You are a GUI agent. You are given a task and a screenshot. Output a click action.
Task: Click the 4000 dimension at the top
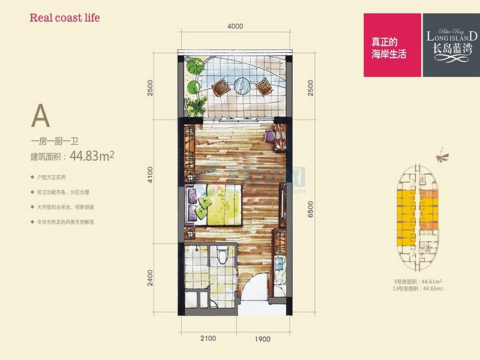[235, 26]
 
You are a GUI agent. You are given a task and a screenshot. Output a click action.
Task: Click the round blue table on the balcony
[242, 85]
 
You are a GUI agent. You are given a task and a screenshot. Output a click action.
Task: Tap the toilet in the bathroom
[222, 255]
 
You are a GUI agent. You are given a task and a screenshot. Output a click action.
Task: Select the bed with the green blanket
[216, 204]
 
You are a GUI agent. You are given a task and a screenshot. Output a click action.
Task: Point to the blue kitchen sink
[280, 262]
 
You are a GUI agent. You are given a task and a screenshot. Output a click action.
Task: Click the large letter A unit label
[41, 116]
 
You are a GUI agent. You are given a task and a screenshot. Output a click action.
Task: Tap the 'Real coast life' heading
[64, 17]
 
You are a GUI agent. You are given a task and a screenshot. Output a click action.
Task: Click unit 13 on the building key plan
[428, 194]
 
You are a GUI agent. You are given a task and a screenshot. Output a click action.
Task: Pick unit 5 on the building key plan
[428, 224]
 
